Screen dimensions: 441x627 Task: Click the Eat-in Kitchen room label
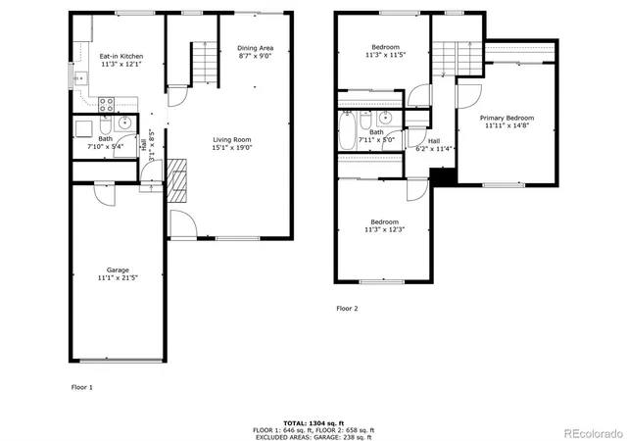coord(121,56)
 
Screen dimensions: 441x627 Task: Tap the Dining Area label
coord(256,48)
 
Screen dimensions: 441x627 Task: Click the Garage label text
coord(118,269)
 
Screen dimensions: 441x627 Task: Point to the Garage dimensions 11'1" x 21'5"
coord(118,278)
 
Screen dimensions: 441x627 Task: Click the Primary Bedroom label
coord(506,118)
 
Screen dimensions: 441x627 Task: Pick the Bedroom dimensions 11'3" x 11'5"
coord(384,56)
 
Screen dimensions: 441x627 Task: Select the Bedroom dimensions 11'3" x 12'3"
coord(384,230)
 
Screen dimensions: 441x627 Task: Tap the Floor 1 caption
coord(82,387)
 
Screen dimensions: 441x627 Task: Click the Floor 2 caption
coord(348,308)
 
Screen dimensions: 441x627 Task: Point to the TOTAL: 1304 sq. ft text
coord(313,419)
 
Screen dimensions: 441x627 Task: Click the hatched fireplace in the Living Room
coord(178,180)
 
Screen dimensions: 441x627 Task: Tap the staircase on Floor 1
coord(202,65)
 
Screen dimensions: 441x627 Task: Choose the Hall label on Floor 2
coord(434,140)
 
